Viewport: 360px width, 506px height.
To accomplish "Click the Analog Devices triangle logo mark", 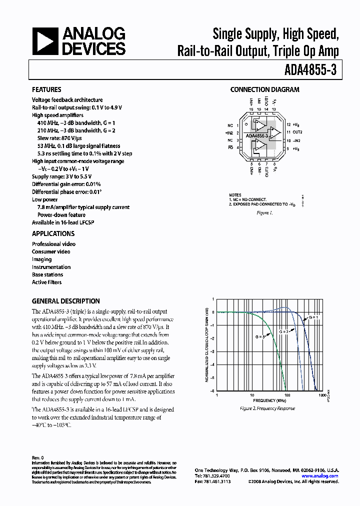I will pos(45,41).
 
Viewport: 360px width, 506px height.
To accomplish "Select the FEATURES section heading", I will pos(46,90).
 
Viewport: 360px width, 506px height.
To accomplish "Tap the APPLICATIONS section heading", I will pos(53,233).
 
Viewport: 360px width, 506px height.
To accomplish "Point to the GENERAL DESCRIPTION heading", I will pos(65,301).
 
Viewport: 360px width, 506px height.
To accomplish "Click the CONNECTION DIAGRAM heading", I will pos(264,90).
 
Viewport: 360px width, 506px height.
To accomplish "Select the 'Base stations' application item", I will pos(47,274).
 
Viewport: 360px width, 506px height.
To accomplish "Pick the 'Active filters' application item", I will pos(47,282).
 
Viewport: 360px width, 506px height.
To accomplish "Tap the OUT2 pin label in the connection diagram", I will pos(298,132).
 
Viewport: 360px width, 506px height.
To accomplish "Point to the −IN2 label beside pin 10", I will pos(297,140).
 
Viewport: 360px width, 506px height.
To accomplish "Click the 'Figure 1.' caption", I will pos(264,212).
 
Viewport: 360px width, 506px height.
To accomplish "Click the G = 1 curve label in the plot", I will pos(313,317).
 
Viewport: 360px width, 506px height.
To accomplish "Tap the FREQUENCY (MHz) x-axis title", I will pos(269,401).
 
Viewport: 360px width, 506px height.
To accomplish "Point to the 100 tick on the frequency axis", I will pos(287,395).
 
